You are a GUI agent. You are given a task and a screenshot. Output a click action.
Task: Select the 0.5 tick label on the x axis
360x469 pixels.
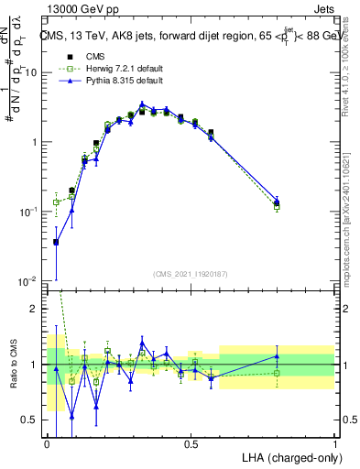pos(191,444)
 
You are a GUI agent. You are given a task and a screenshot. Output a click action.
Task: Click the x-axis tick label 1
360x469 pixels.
pos(334,444)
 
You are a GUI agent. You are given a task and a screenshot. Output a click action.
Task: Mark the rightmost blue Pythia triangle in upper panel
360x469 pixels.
pos(277,199)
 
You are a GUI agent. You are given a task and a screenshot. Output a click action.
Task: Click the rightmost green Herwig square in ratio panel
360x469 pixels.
pos(277,373)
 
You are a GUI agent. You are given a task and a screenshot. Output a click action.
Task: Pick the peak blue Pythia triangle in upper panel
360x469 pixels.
pos(142,104)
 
